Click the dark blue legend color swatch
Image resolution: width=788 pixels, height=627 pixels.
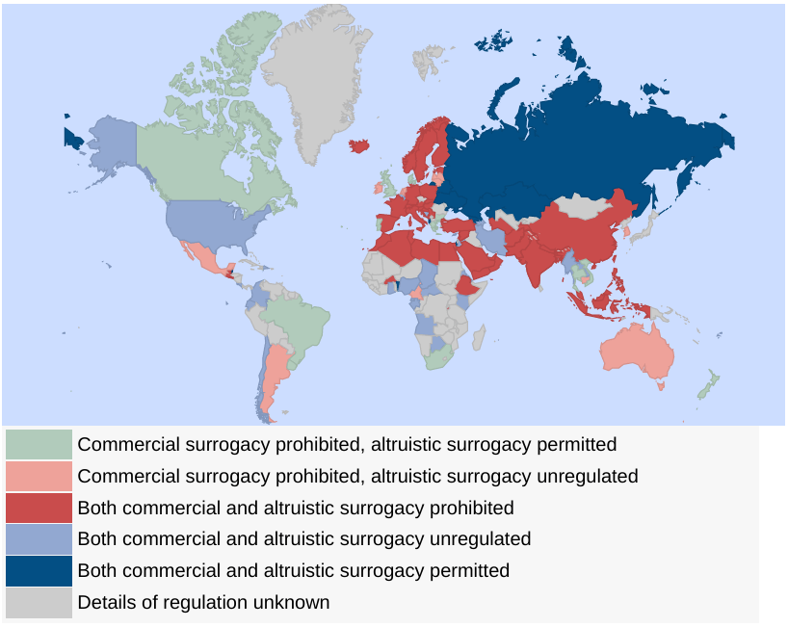tap(39, 570)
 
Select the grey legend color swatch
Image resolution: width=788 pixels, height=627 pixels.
tap(39, 602)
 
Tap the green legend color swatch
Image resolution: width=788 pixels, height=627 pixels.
tap(39, 444)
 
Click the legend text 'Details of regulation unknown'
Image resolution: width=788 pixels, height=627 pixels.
tap(203, 602)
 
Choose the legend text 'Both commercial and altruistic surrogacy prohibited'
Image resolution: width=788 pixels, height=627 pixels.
tap(295, 508)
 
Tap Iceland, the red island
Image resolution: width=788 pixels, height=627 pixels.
tap(360, 145)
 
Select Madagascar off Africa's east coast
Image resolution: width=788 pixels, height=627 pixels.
tap(479, 336)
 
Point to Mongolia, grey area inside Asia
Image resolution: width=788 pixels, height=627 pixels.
tap(584, 206)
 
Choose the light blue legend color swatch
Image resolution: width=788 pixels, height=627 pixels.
tap(39, 538)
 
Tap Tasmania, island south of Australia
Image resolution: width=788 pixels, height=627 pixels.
tap(660, 386)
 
